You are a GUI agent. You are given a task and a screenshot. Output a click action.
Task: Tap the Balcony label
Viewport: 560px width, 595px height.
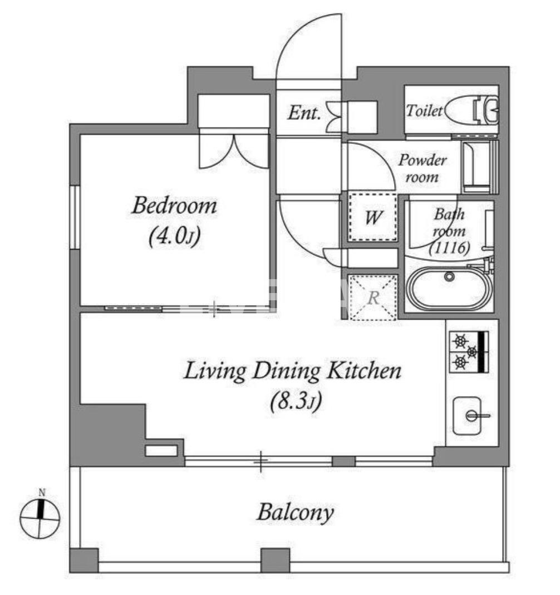tap(296, 513)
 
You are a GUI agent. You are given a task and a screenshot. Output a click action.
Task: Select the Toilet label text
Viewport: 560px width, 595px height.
tap(424, 110)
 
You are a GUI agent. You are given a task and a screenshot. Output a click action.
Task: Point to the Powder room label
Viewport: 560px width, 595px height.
tap(422, 168)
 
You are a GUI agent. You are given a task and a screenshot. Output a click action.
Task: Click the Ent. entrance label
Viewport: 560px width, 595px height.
tap(304, 113)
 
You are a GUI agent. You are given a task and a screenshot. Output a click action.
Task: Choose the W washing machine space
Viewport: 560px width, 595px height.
tap(373, 217)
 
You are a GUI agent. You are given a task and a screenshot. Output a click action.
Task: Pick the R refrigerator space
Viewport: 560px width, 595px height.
tap(373, 297)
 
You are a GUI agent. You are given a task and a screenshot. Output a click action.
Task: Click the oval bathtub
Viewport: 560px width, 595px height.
tap(449, 289)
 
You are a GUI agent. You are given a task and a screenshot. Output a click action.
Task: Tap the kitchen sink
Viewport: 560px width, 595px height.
tap(468, 416)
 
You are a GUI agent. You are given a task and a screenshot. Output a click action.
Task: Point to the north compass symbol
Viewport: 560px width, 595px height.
tap(40, 518)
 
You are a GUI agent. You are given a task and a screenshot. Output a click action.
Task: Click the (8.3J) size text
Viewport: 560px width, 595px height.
tap(296, 401)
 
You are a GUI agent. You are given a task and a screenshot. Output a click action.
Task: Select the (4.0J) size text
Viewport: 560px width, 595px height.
tap(174, 236)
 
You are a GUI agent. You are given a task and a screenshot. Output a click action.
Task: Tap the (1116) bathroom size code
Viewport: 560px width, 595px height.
tap(449, 247)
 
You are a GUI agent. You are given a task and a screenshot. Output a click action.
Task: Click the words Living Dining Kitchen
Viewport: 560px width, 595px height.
tap(292, 370)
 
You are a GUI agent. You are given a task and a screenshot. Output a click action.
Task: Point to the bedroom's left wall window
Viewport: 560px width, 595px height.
tap(75, 217)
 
